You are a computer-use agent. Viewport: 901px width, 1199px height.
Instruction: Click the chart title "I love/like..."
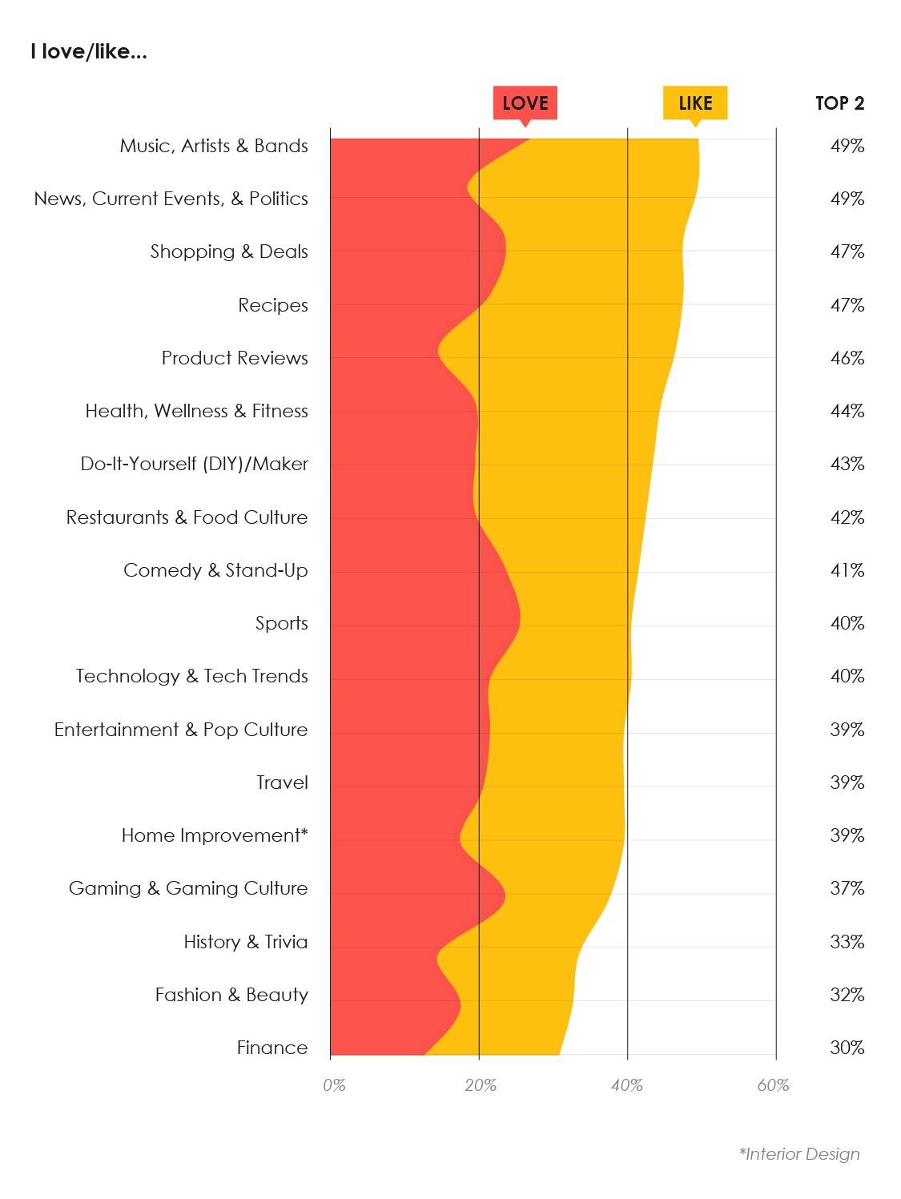coord(89,52)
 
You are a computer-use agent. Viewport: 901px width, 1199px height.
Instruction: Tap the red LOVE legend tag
coord(525,103)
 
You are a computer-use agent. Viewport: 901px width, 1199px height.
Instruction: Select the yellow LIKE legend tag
coord(695,103)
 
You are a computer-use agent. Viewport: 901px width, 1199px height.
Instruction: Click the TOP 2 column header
coord(840,103)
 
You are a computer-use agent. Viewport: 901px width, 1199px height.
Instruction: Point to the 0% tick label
coord(334,1085)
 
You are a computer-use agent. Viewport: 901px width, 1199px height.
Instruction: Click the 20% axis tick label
coord(481,1085)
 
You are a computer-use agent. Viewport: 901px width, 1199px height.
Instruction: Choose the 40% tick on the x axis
coord(627,1085)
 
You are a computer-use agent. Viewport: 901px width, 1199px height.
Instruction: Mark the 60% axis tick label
coord(773,1085)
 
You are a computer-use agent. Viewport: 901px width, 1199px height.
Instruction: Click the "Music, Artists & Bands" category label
coord(214,146)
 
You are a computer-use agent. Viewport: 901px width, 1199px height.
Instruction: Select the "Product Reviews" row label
coord(235,358)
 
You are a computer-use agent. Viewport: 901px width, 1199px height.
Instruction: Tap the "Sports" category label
coord(282,623)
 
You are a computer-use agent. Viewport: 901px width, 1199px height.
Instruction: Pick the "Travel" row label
coord(283,783)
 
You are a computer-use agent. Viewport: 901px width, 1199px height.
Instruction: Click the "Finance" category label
coord(272,1048)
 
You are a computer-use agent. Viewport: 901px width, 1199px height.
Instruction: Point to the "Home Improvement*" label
coord(215,835)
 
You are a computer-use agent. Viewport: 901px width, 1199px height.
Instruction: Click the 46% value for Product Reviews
coord(847,358)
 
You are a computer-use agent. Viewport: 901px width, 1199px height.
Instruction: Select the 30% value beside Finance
coord(847,1048)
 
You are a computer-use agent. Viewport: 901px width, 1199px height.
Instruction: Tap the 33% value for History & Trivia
coord(847,942)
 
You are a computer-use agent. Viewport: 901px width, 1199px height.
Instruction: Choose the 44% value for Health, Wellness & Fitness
coord(847,411)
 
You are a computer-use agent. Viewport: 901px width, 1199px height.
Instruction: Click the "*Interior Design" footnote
coord(799,1154)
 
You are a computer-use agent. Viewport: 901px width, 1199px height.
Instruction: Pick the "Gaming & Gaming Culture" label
coord(188,888)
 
